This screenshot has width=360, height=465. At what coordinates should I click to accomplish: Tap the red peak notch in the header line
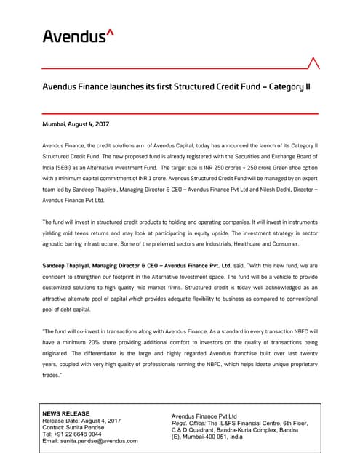pyautogui.click(x=313, y=62)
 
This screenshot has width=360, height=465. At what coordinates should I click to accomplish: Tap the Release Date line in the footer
pyautogui.click(x=81, y=421)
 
